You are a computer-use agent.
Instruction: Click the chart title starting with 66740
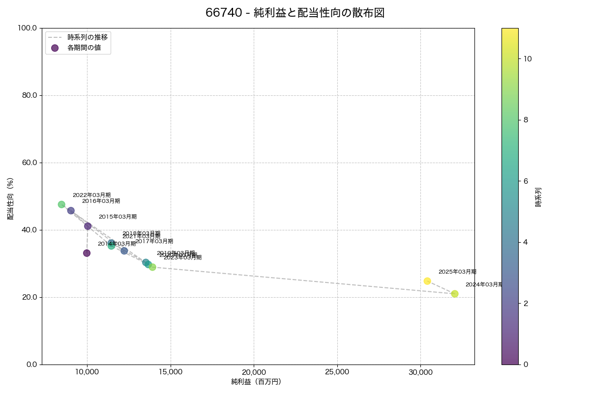point(295,13)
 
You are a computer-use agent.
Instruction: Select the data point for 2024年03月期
point(454,294)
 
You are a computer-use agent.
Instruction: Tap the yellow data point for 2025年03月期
point(427,281)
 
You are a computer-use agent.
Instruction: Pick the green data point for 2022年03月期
point(61,204)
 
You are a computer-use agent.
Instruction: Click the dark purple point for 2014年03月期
point(87,253)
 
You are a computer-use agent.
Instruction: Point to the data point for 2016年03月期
point(71,211)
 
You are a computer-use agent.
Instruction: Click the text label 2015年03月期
point(118,217)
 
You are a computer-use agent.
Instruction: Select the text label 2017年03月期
point(154,241)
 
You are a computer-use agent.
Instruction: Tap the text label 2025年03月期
point(457,272)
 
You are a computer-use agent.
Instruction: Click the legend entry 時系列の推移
point(88,37)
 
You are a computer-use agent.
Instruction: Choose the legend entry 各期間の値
point(84,48)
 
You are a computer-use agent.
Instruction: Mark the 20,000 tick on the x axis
point(254,372)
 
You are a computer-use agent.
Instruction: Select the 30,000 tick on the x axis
point(420,372)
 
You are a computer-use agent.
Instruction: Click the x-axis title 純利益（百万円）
point(256,382)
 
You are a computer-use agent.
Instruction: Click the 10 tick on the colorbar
point(528,58)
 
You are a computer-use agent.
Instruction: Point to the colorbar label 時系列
point(538,196)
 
